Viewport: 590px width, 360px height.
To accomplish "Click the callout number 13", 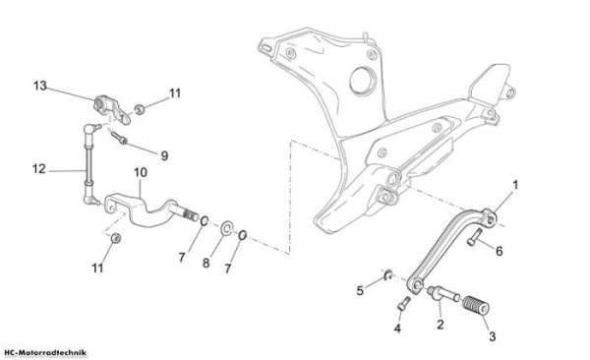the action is click(x=40, y=86).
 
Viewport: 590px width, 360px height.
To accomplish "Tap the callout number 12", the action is click(x=38, y=169).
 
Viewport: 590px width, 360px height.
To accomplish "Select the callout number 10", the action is click(x=141, y=172).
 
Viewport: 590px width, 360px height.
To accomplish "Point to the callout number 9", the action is click(x=164, y=155).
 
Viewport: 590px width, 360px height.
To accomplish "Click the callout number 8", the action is click(x=206, y=263).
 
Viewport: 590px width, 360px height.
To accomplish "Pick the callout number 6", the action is click(x=499, y=251).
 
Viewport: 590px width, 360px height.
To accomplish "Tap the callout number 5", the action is click(x=360, y=290).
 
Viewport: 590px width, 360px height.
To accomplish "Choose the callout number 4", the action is click(x=397, y=329).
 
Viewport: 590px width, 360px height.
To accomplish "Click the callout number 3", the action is click(x=493, y=335).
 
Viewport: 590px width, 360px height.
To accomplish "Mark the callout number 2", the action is click(x=441, y=324).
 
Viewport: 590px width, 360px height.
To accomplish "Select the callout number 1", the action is click(x=515, y=185).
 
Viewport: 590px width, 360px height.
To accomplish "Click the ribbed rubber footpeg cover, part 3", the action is click(x=475, y=305).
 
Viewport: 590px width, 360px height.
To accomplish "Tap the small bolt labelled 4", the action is click(x=404, y=303).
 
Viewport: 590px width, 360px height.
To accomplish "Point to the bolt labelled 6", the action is click(x=475, y=237).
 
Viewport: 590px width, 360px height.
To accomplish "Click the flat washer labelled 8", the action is click(x=227, y=228).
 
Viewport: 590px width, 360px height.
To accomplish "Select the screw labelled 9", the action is click(x=119, y=138).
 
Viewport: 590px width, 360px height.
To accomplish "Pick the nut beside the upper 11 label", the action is click(x=140, y=109).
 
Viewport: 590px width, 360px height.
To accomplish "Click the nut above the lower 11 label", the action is click(x=116, y=238).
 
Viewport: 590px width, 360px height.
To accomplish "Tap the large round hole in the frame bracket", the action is click(x=363, y=81).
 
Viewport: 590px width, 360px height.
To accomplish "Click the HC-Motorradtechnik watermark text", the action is click(x=45, y=353).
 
